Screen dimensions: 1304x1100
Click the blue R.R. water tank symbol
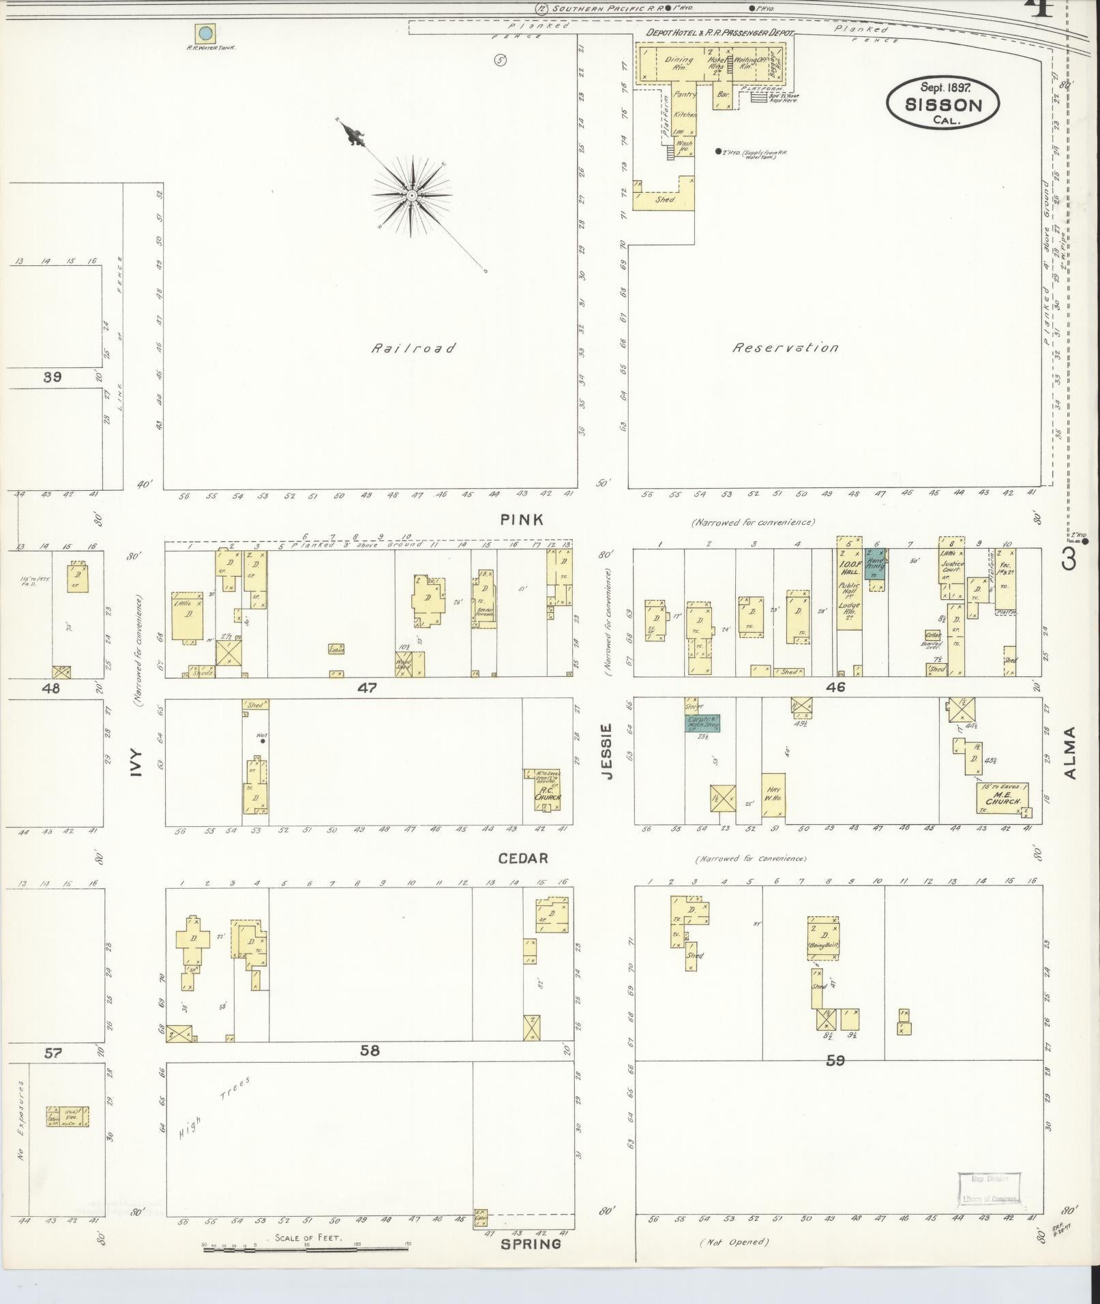click(205, 33)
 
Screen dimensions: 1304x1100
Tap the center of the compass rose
click(412, 196)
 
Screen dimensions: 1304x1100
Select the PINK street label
click(522, 519)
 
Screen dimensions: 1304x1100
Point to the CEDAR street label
click(523, 858)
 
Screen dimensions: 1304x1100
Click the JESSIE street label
click(608, 751)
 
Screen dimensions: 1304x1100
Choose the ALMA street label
click(1069, 753)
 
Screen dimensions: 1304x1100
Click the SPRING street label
click(531, 1243)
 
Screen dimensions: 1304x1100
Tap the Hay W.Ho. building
click(773, 795)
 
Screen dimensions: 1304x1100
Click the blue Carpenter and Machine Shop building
click(702, 723)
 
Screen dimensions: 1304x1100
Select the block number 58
click(369, 1050)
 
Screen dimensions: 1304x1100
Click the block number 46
click(835, 687)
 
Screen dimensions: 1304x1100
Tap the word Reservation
click(786, 348)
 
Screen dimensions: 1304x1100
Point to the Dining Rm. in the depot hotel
click(678, 63)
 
